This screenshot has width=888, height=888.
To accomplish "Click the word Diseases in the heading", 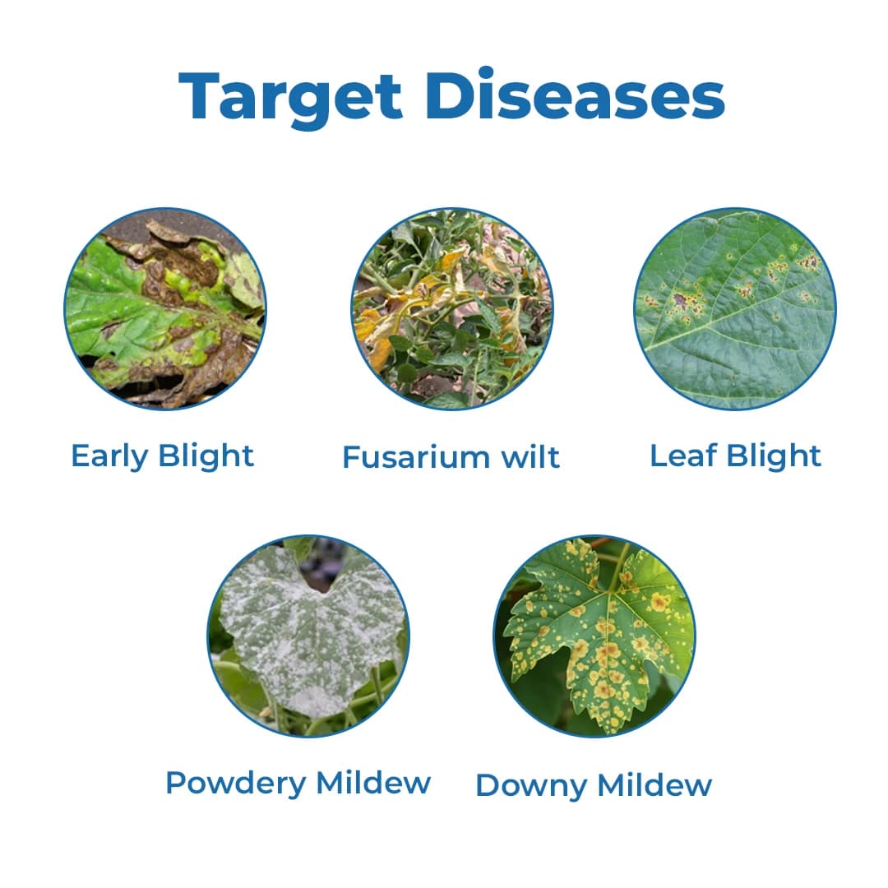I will (576, 96).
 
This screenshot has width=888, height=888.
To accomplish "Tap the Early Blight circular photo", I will (165, 308).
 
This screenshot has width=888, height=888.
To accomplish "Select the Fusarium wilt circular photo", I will (451, 308).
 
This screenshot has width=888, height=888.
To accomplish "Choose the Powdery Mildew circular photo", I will (308, 636).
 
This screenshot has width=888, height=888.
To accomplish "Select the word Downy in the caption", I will (531, 786).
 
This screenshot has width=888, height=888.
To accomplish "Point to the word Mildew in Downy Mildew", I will (654, 785).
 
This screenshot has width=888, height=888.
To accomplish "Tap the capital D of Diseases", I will (451, 96).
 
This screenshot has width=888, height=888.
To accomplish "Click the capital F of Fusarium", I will (350, 457).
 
